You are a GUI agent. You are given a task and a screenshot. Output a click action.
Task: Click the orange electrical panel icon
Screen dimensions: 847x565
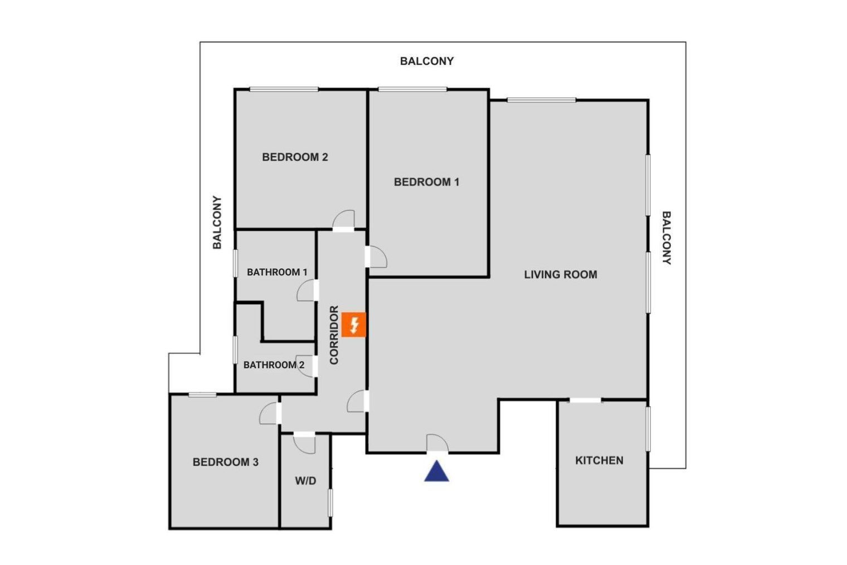coord(353,325)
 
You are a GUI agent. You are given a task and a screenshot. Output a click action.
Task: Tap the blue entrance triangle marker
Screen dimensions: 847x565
coord(437,471)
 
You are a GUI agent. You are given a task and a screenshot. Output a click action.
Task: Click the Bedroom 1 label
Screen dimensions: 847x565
coord(426,182)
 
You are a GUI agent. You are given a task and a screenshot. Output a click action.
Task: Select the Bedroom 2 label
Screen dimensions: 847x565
coord(295,157)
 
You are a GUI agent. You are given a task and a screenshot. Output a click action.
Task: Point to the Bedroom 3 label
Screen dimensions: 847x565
coord(226,462)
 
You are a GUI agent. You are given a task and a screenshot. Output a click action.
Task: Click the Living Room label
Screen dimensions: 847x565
coord(561,275)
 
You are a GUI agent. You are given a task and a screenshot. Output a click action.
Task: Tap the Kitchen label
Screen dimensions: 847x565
coord(600,461)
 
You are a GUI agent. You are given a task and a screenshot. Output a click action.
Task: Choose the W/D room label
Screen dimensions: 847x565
coord(305,481)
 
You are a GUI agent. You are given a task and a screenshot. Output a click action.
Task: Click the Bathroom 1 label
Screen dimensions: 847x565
coord(277,272)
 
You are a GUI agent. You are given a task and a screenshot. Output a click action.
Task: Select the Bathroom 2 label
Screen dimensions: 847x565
coord(274,365)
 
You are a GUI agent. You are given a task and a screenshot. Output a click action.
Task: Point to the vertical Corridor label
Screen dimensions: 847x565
coord(334,335)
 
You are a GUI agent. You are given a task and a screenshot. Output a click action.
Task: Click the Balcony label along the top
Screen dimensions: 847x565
coord(427,61)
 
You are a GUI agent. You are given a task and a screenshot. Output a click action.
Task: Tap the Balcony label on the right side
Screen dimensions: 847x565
coord(666,238)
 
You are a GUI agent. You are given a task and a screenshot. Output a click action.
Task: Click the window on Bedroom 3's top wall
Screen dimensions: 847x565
coord(203,395)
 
